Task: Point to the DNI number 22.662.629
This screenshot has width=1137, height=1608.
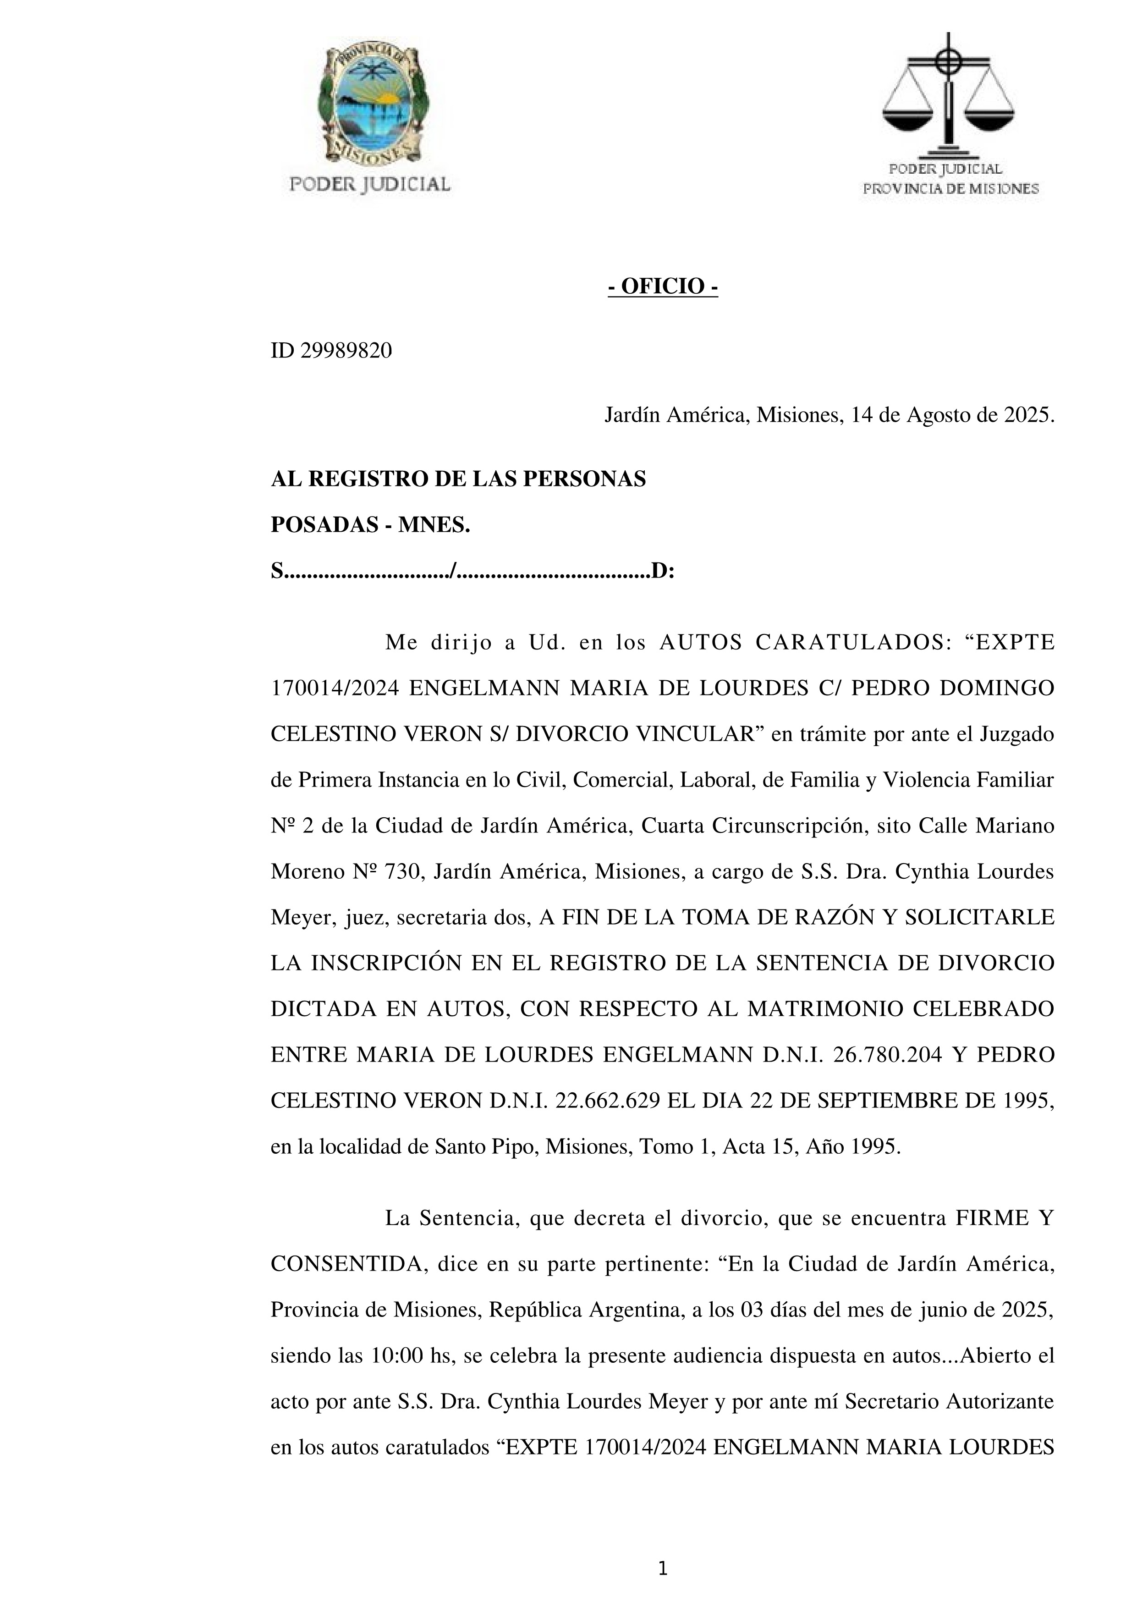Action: point(608,1101)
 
